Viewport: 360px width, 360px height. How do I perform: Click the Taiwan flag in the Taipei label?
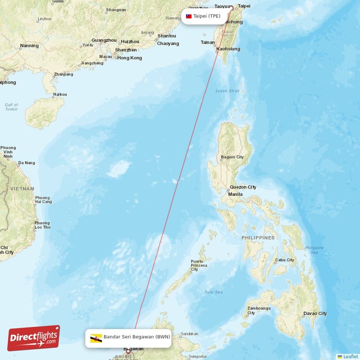coord(189,16)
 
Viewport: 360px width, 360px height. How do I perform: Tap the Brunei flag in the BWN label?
coord(96,337)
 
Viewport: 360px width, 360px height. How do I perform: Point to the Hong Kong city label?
coord(130,58)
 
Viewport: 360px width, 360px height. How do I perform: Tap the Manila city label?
coord(235,194)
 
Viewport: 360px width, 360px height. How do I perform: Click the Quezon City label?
coord(243,187)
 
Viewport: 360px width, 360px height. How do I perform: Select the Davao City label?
coord(315,313)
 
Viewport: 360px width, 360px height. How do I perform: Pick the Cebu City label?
coord(285,260)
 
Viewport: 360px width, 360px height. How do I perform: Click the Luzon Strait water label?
coord(228,90)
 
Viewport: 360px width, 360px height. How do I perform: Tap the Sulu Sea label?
coord(213,292)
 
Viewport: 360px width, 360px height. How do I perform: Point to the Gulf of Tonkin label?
coord(11,107)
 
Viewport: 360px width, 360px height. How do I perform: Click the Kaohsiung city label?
coord(228,49)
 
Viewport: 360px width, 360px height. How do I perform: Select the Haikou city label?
coord(60,94)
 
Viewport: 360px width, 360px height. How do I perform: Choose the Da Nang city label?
coord(26,163)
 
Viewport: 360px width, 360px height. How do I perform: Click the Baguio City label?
coord(232,157)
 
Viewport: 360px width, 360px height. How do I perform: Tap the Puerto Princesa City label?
coord(199,265)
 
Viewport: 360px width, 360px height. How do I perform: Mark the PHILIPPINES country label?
coord(258,237)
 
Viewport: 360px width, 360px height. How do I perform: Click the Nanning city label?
coord(30,45)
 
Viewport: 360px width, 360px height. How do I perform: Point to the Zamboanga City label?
coord(259,310)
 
